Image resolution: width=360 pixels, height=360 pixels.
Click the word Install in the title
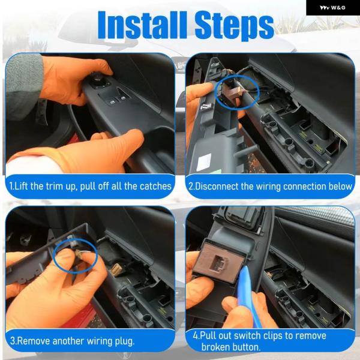point(142,25)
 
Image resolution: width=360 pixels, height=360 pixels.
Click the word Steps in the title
point(235,26)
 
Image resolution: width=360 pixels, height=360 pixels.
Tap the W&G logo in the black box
point(332,8)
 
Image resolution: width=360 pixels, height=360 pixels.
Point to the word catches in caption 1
point(155,186)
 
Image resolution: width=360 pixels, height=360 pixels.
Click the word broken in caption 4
point(215,347)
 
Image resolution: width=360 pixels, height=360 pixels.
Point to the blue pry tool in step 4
point(249,296)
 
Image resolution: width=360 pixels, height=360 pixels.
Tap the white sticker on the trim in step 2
point(204,162)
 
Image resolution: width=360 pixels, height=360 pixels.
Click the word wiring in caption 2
point(268,187)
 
